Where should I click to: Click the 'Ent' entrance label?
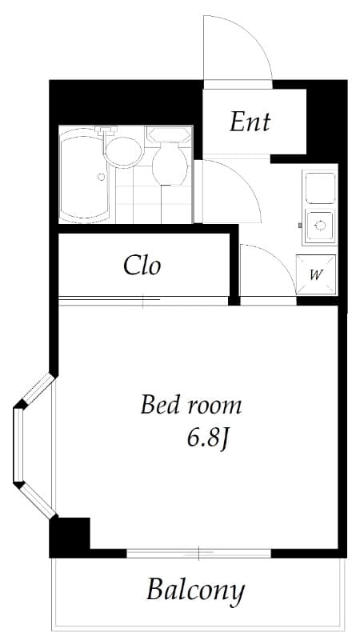pyautogui.click(x=250, y=122)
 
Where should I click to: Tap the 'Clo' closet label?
pyautogui.click(x=142, y=265)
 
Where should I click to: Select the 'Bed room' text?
pyautogui.click(x=190, y=405)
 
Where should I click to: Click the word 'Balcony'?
pyautogui.click(x=194, y=591)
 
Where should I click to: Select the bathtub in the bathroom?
pyautogui.click(x=85, y=176)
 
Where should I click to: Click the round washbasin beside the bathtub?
pyautogui.click(x=122, y=151)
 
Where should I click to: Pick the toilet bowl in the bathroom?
pyautogui.click(x=169, y=165)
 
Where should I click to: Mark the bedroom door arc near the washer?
pyautogui.click(x=266, y=272)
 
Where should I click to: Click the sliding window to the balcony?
pyautogui.click(x=198, y=552)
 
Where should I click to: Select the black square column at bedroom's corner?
pyautogui.click(x=70, y=537)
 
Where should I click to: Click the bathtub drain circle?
pyautogui.click(x=101, y=177)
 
